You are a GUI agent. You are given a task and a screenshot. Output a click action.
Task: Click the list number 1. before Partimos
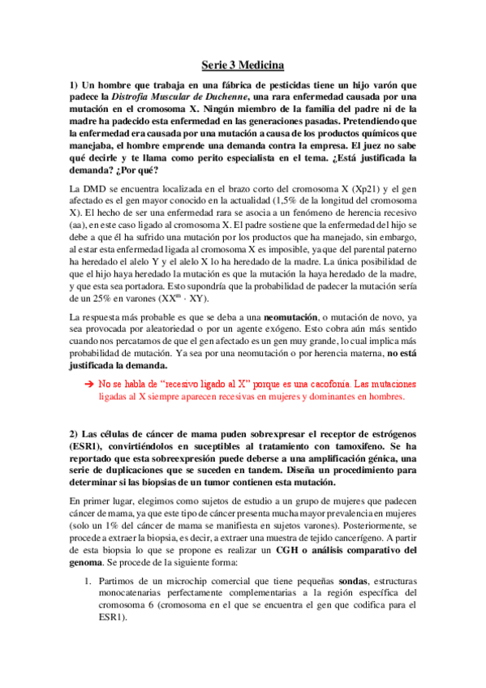click(91, 583)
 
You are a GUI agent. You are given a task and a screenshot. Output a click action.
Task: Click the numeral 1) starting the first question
click(75, 85)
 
